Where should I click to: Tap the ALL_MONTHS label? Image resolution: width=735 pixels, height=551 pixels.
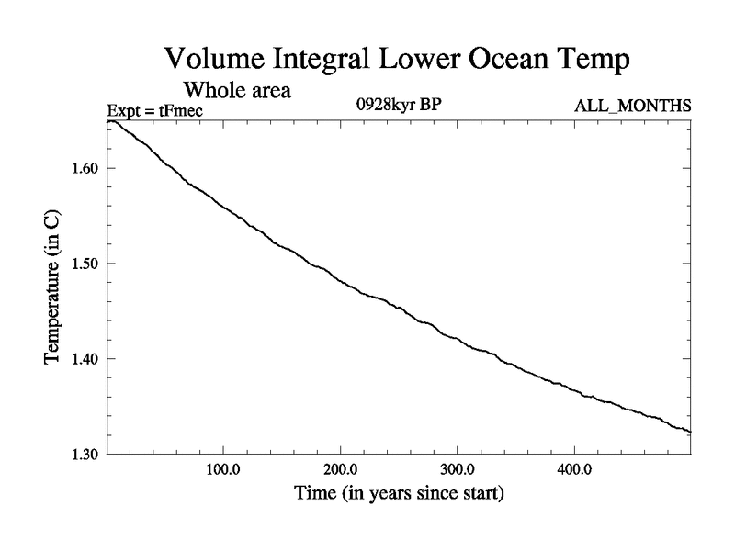633,107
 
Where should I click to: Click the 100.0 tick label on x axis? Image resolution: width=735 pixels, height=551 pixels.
223,470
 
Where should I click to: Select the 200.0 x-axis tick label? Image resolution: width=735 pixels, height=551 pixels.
340,470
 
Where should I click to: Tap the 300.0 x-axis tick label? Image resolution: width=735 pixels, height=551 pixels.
457,470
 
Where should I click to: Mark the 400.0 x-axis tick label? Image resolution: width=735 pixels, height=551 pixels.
573,470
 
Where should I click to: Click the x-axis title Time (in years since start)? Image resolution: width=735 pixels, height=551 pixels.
399,494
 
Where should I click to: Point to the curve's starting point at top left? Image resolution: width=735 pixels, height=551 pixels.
109,121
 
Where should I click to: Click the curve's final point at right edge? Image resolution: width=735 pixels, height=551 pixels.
689,432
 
